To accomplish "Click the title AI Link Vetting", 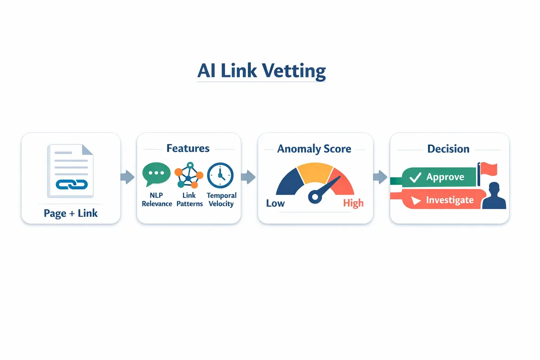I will (x=262, y=71).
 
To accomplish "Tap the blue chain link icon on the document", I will (x=72, y=184).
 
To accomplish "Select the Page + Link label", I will (x=71, y=213).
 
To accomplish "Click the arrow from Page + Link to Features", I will (x=127, y=177).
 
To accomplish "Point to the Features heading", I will (x=188, y=148).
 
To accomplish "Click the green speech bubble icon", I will (x=156, y=174).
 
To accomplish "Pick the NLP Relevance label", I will (x=157, y=199).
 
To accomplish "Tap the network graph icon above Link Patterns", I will (x=189, y=175).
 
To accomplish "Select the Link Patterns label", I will (x=189, y=199).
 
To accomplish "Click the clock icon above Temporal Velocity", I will (x=220, y=175).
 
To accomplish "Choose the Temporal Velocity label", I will (x=221, y=199).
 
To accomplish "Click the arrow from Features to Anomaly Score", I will (x=248, y=177).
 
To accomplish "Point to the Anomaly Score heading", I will (x=314, y=149).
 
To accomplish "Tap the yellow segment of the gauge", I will (x=315, y=172).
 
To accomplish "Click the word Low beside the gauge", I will (x=275, y=203).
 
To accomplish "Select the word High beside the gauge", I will (x=353, y=203).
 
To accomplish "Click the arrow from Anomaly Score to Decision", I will (x=380, y=177).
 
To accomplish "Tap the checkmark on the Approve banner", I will (x=415, y=177).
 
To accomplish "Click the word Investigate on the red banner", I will (x=450, y=200).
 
